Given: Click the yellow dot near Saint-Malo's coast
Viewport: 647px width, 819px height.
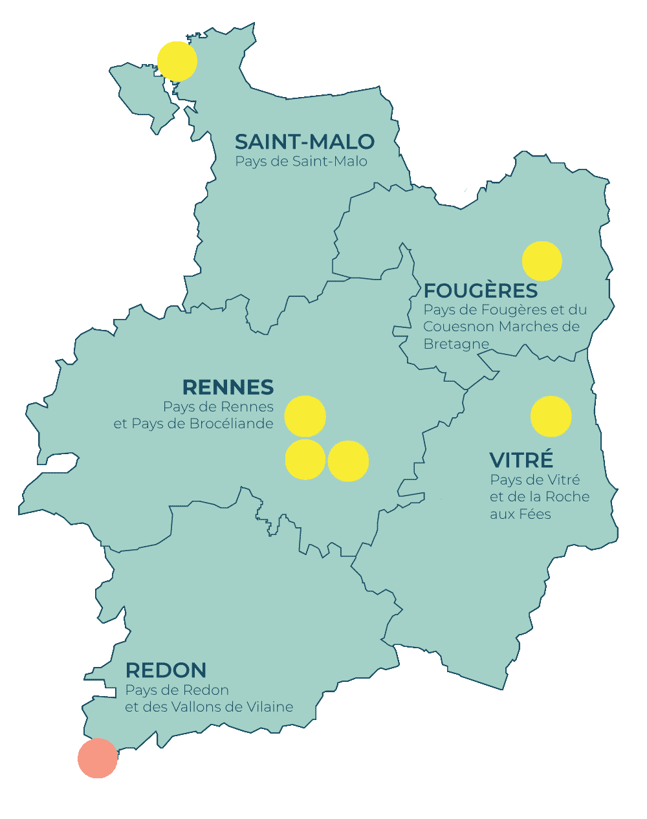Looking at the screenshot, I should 177,61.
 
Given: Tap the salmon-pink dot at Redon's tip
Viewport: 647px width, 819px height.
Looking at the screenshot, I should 98,758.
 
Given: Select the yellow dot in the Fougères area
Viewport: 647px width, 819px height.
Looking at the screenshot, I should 542,261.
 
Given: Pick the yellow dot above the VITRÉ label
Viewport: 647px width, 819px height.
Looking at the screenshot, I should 551,417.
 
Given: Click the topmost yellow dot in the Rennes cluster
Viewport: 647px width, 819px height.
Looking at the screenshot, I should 305,416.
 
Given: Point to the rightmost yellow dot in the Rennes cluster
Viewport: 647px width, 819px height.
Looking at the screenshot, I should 348,461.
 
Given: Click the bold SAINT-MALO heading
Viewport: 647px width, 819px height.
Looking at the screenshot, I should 305,142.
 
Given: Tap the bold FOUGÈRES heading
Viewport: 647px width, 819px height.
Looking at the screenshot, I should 481,290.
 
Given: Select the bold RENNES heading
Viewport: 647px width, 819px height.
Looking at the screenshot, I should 228,388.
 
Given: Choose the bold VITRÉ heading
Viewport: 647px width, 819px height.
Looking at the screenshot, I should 521,460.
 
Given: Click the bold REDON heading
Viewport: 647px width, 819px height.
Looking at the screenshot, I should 166,670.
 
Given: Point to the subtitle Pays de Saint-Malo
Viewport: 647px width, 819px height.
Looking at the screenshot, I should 301,161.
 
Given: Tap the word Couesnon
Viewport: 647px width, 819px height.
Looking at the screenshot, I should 459,327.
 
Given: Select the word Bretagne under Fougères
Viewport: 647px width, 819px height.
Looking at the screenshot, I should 455,344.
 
